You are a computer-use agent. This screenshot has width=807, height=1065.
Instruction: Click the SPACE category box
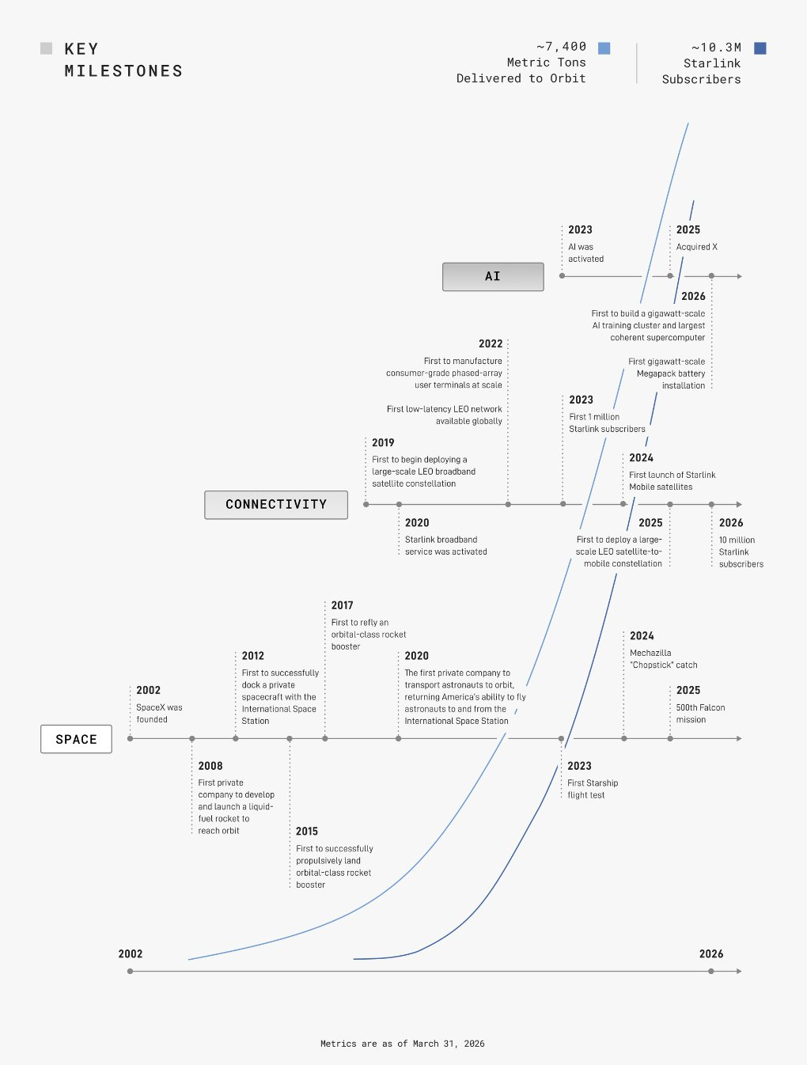(76, 739)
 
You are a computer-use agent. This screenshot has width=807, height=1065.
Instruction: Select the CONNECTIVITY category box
(276, 505)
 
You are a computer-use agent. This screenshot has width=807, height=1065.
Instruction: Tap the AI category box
(493, 277)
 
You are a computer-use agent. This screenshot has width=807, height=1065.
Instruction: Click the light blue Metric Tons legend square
(604, 48)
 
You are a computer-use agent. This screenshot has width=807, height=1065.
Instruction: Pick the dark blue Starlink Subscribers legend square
(760, 48)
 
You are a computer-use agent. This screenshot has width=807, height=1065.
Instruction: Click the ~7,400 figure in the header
(561, 47)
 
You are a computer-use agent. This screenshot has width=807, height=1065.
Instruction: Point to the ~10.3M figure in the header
(716, 47)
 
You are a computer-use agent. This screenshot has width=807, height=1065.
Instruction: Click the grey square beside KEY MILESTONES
(46, 48)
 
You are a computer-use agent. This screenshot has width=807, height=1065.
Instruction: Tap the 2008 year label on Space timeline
(210, 766)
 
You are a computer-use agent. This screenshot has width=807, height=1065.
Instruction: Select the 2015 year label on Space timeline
(306, 831)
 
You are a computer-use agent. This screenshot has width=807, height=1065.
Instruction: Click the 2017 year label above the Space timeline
(342, 605)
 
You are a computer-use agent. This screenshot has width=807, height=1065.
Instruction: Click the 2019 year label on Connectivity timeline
(383, 442)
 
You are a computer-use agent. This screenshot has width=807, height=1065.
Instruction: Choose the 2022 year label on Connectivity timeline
(491, 343)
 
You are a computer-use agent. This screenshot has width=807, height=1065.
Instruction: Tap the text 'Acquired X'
(696, 247)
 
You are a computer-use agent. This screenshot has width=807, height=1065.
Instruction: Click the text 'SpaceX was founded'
(159, 713)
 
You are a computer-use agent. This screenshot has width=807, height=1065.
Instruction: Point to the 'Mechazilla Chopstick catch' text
(664, 659)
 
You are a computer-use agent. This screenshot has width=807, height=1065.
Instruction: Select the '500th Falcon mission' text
(700, 713)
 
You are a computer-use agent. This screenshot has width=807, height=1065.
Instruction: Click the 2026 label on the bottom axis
(711, 954)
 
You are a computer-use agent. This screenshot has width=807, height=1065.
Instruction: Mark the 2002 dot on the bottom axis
(130, 972)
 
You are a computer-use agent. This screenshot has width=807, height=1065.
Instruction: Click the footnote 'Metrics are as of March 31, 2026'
(402, 1044)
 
